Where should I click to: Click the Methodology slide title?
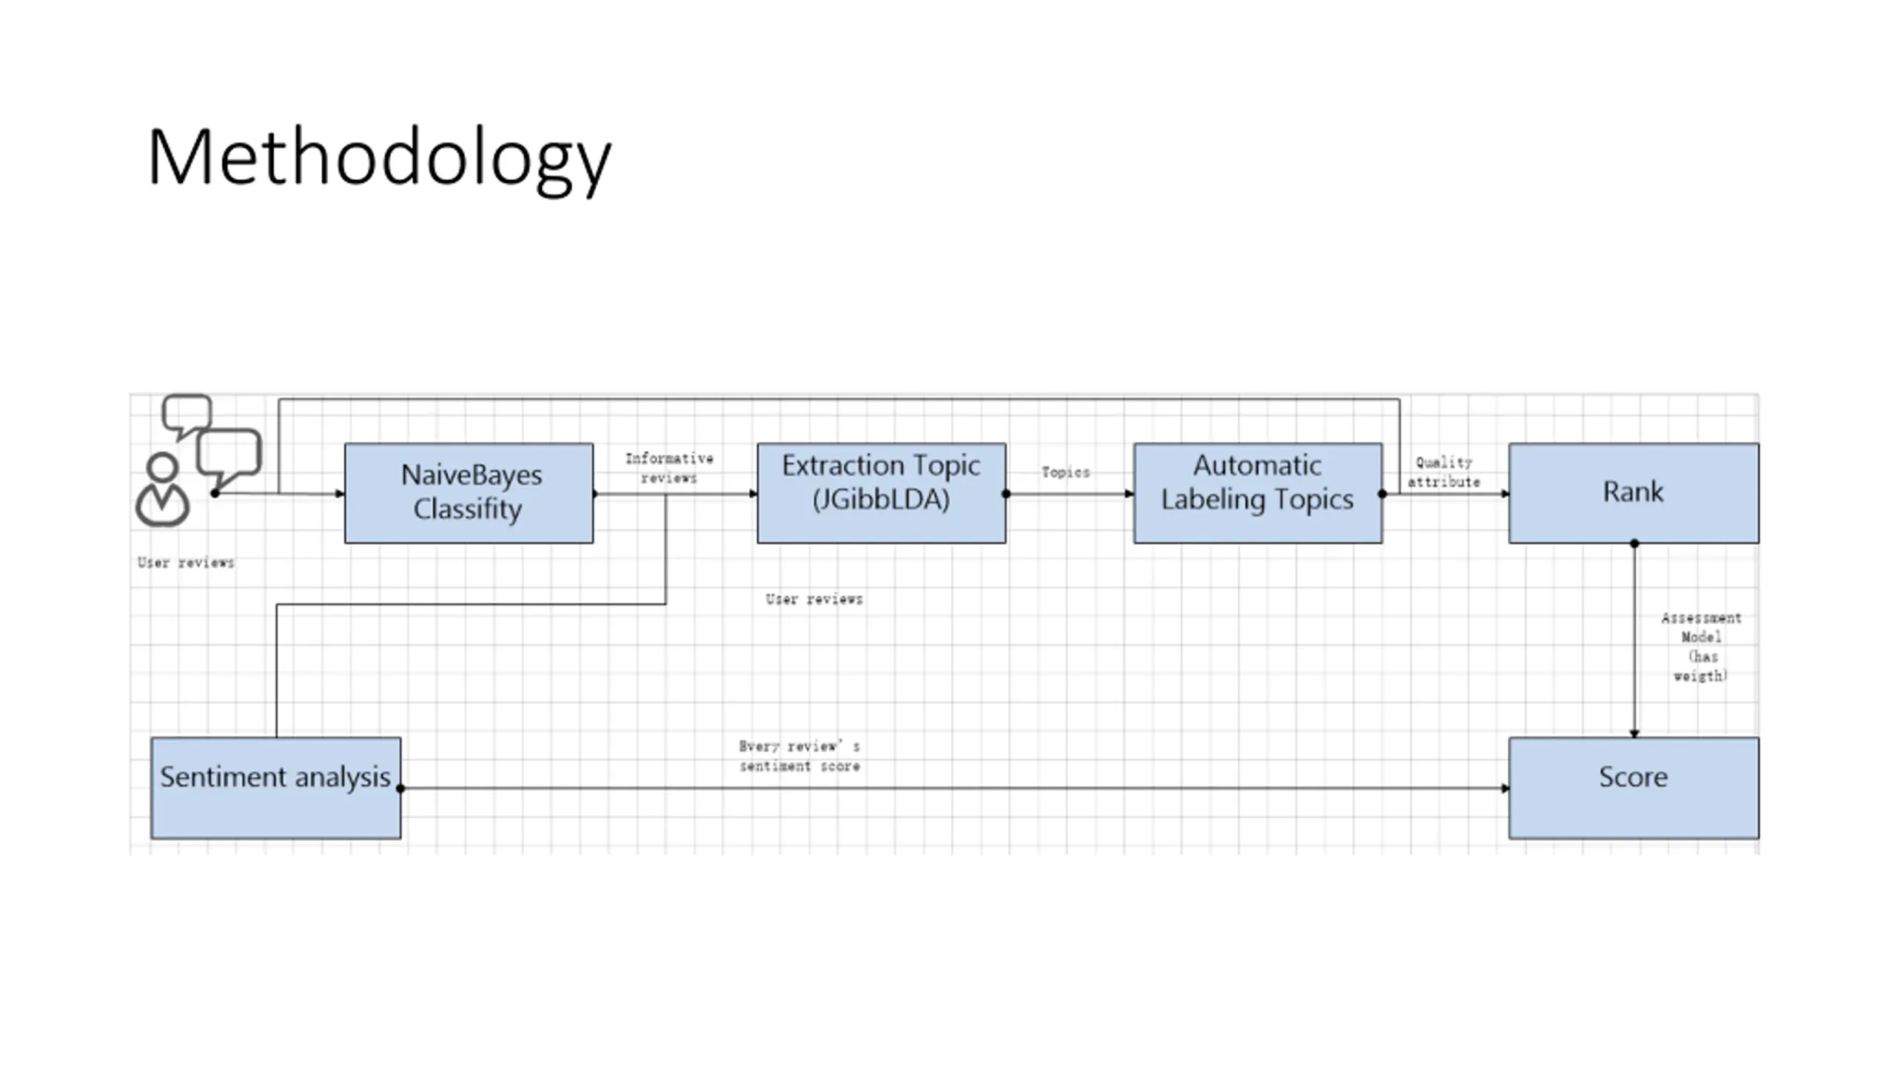[x=379, y=158]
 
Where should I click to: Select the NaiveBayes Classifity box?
[x=469, y=493]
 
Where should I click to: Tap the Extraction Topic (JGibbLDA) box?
[x=881, y=493]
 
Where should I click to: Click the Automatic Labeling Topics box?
[x=1257, y=493]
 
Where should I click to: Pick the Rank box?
[x=1633, y=493]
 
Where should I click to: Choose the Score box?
[x=1633, y=787]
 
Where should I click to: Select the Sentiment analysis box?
[x=275, y=787]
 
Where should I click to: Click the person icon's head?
[x=162, y=467]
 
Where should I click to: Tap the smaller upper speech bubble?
[x=187, y=413]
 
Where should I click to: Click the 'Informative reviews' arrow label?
[x=669, y=468]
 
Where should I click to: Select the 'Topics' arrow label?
[x=1065, y=472]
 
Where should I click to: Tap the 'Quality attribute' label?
[x=1443, y=472]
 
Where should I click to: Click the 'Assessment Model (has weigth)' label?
[x=1700, y=646]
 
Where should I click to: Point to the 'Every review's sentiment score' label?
[x=799, y=756]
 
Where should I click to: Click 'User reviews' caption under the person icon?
[x=186, y=563]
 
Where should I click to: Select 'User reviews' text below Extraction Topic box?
[x=814, y=599]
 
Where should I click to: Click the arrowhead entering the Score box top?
[x=1634, y=733]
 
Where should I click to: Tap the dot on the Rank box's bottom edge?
[x=1634, y=544]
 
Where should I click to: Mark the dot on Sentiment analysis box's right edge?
[x=401, y=788]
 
